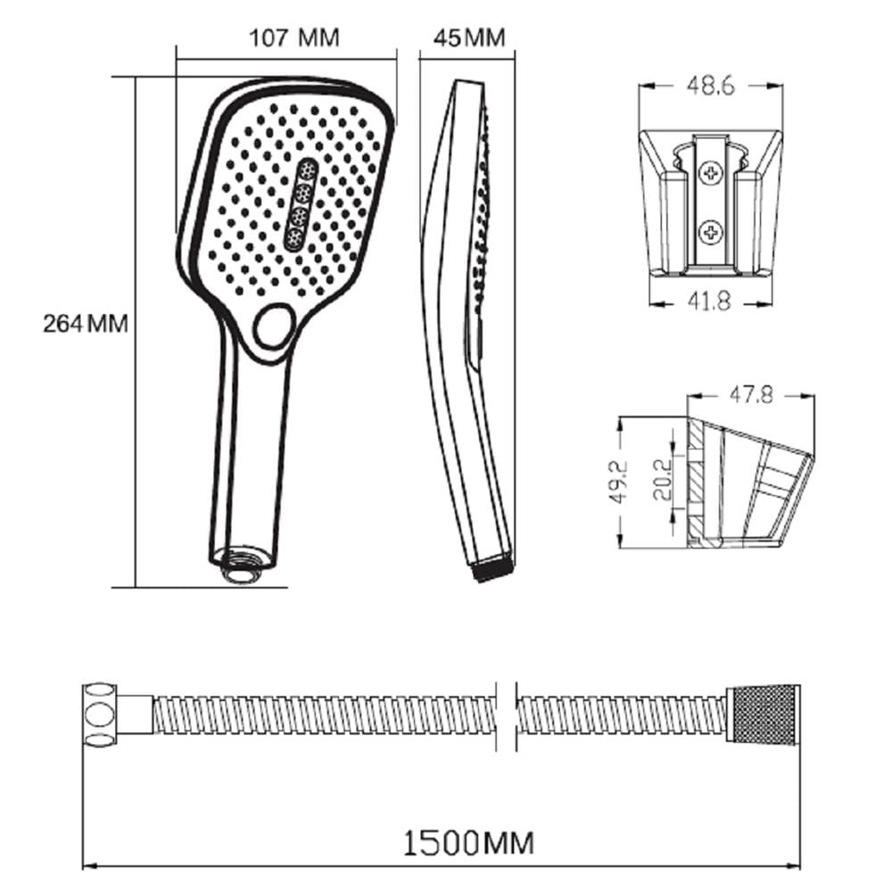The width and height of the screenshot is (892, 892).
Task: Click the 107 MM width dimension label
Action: point(294,37)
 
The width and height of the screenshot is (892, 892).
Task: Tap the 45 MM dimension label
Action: point(469,37)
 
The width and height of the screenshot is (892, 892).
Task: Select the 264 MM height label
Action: point(86,324)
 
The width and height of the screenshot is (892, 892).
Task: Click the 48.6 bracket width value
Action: point(711,86)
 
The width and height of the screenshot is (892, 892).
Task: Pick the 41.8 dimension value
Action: point(709,301)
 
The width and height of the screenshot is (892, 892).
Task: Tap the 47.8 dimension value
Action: point(751,394)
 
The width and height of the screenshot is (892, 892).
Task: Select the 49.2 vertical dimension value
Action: point(618,482)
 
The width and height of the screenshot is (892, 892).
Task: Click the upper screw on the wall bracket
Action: point(711,172)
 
